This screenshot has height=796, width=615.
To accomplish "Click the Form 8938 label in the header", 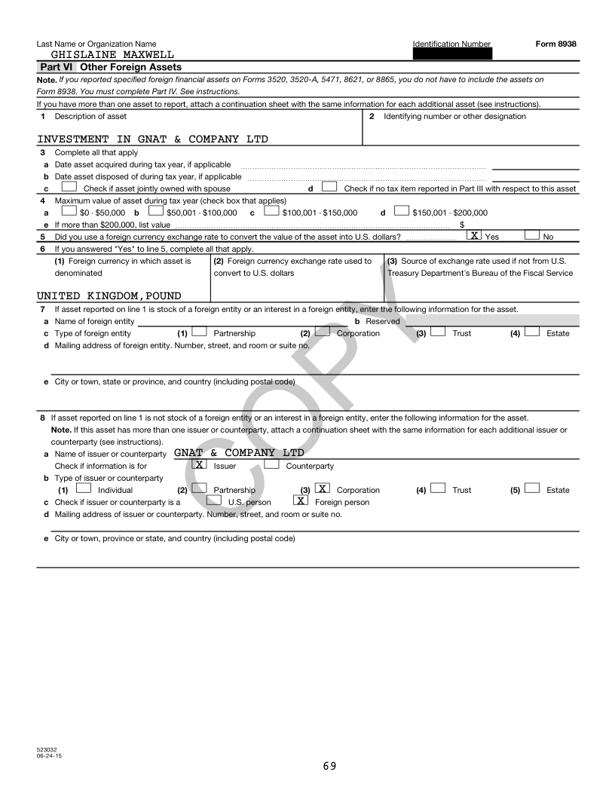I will [x=556, y=44].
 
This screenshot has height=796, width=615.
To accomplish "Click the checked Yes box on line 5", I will [x=475, y=236].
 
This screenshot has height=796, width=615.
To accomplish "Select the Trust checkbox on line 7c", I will [x=438, y=332].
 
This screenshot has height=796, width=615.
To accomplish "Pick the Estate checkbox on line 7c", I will [x=532, y=332].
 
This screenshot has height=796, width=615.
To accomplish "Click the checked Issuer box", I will [x=199, y=465].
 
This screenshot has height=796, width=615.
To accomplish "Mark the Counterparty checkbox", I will [x=270, y=465].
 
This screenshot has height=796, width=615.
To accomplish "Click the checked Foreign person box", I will [x=300, y=501].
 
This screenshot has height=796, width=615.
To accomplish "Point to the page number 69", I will [x=329, y=766].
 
